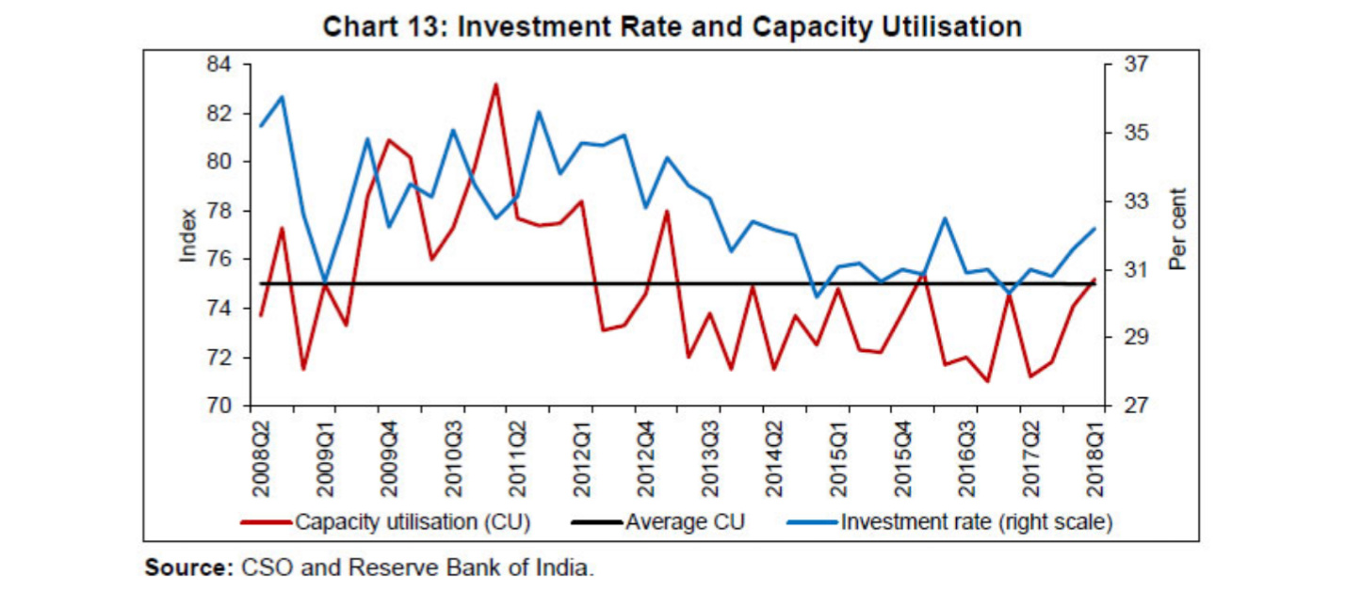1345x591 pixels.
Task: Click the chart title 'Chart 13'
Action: pyautogui.click(x=672, y=26)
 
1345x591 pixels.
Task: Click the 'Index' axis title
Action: pyautogui.click(x=188, y=234)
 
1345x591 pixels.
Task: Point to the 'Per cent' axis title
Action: pyautogui.click(x=1177, y=229)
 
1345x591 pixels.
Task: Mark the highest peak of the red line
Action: pyautogui.click(x=495, y=85)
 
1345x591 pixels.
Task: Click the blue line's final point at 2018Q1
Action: pyautogui.click(x=1094, y=229)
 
